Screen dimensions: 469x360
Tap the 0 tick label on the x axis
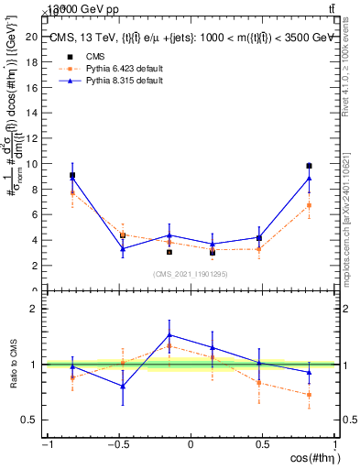(190, 445)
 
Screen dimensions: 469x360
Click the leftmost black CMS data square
(72, 175)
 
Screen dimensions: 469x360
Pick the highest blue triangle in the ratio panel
(169, 335)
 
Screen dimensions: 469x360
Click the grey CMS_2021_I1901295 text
(191, 274)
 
